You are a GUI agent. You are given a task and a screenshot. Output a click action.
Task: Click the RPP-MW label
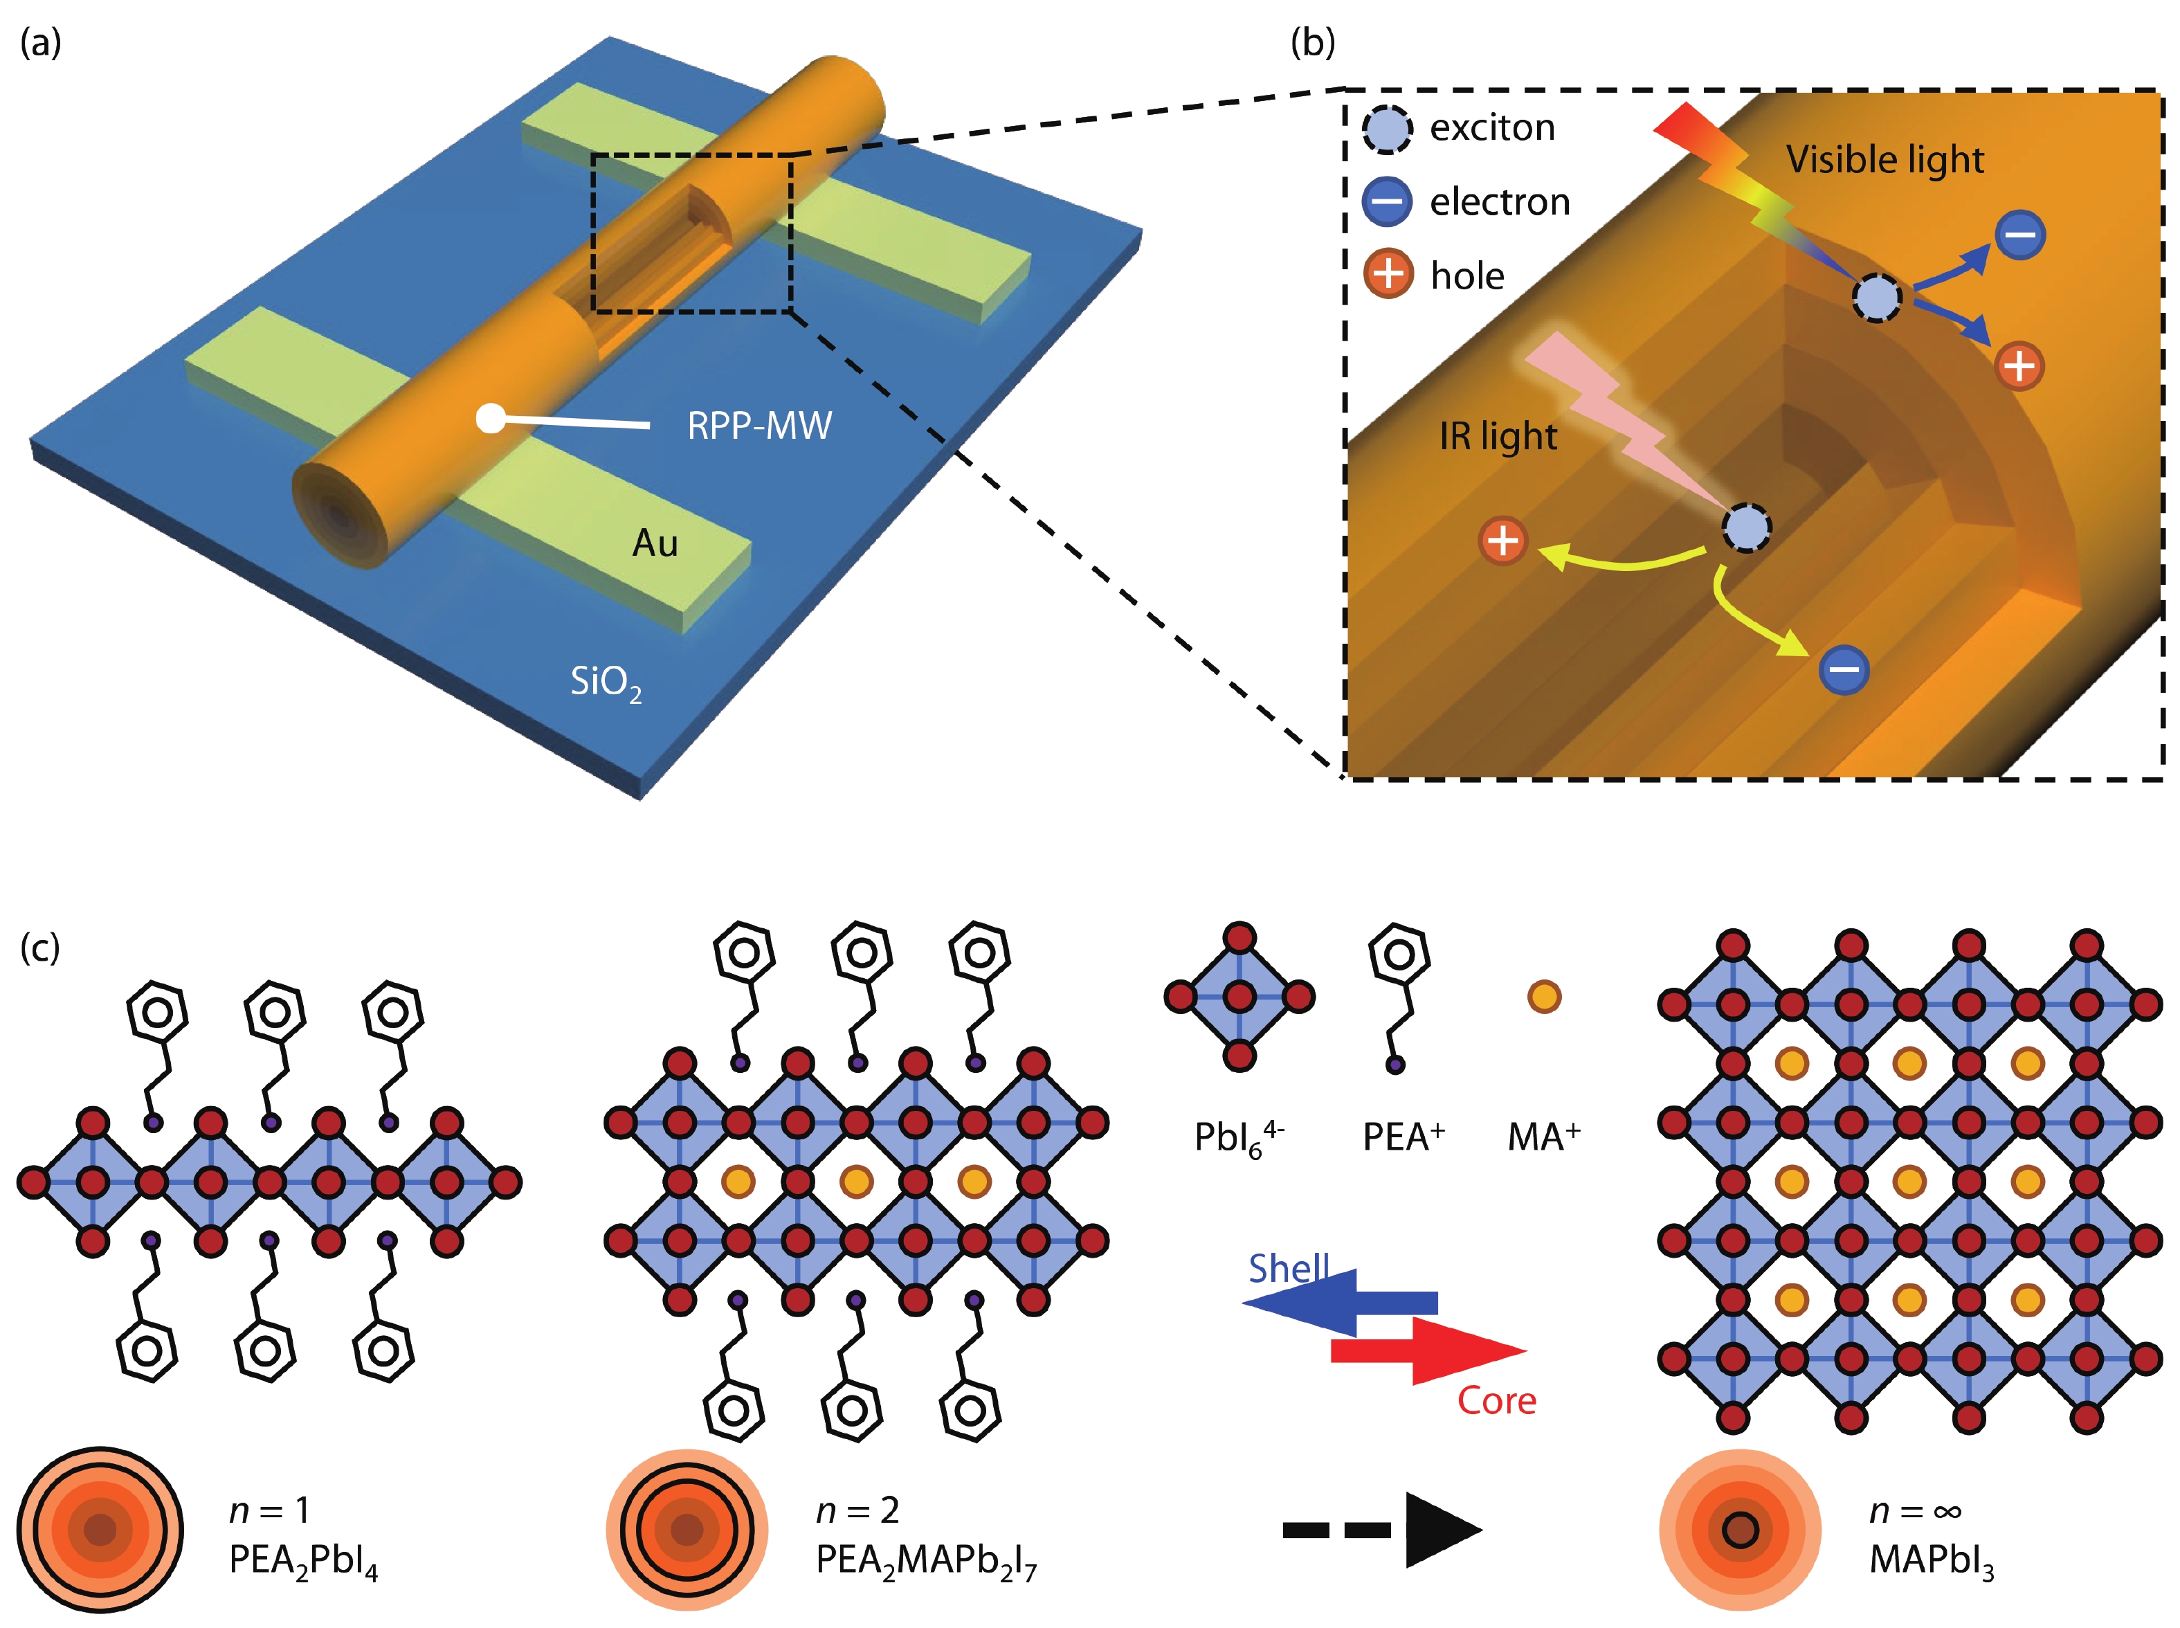[759, 426]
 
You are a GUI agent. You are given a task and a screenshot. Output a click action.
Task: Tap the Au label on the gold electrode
[655, 543]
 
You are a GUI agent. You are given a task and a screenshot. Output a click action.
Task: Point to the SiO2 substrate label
[605, 682]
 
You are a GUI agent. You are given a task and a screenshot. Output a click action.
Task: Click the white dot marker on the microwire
[489, 419]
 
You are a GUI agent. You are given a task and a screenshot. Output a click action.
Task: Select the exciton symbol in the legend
[1387, 129]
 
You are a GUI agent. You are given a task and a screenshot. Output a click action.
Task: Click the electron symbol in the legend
[1387, 201]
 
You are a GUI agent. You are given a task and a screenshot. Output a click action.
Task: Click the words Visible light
[1884, 160]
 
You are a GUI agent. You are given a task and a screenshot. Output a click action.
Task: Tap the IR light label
[1498, 435]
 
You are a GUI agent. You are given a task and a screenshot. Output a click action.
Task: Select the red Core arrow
[1428, 1350]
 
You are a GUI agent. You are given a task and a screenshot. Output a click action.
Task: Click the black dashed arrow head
[1440, 1530]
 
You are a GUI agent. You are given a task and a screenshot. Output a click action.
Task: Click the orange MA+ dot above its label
[1543, 996]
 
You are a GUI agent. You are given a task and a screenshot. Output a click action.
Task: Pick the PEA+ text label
[1403, 1137]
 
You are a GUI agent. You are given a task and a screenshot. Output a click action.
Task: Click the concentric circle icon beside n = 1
[100, 1530]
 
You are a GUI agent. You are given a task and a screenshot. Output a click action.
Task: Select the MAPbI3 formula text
[1931, 1561]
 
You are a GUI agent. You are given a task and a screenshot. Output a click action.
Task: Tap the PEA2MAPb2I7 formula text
[925, 1561]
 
